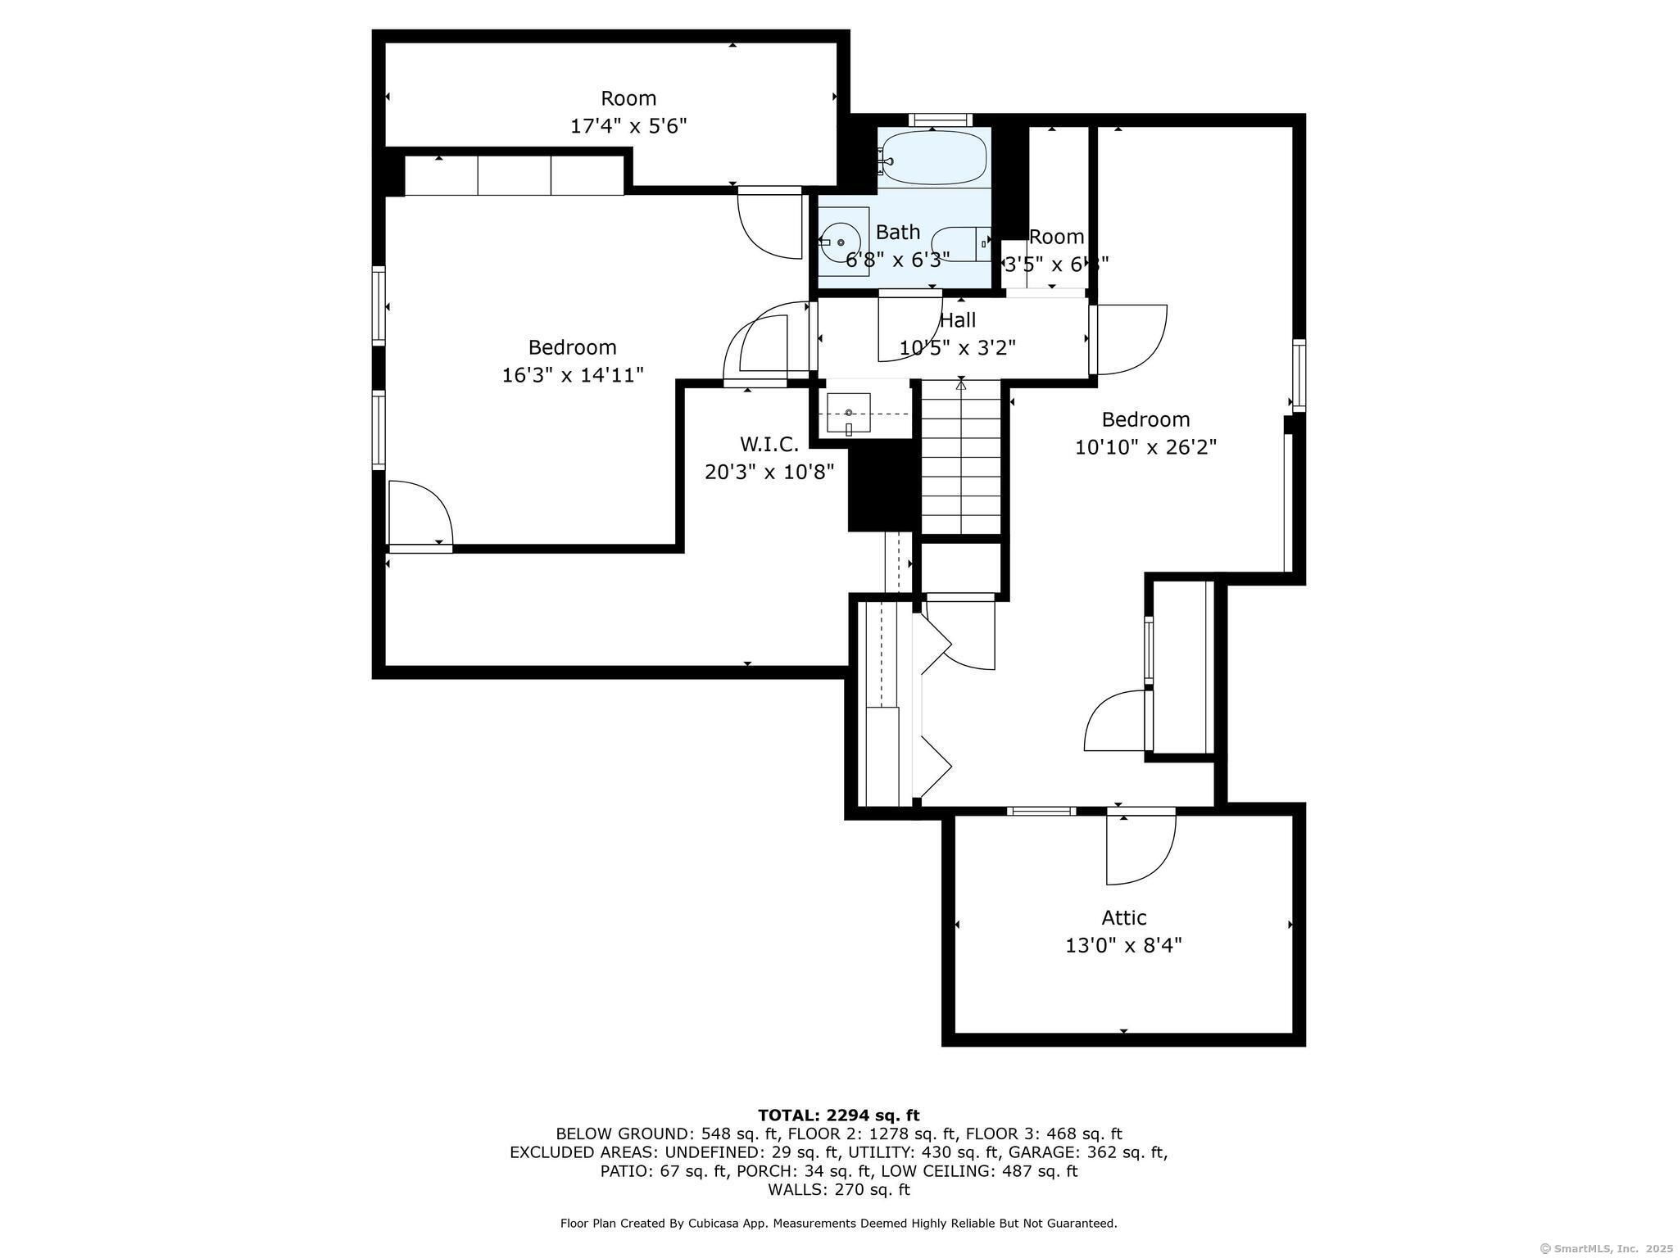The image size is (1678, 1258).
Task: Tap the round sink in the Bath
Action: (x=841, y=242)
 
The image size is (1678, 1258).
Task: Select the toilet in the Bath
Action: (x=962, y=243)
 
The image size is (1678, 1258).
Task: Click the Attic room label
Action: (x=1123, y=917)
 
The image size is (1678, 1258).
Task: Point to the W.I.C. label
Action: (x=769, y=444)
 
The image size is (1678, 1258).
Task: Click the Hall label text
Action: (x=957, y=319)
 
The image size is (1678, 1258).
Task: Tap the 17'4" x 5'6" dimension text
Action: (x=628, y=126)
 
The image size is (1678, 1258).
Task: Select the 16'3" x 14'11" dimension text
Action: (x=573, y=375)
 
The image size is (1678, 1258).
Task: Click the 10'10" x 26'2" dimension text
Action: (x=1145, y=447)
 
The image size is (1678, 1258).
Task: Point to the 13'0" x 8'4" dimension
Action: (x=1123, y=946)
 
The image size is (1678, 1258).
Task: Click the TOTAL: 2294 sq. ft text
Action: (x=838, y=1115)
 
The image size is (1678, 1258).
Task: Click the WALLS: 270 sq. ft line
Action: (x=838, y=1189)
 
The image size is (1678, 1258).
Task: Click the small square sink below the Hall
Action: (x=848, y=414)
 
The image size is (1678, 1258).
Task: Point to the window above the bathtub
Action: (x=940, y=120)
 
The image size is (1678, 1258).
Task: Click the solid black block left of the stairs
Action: (x=881, y=485)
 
